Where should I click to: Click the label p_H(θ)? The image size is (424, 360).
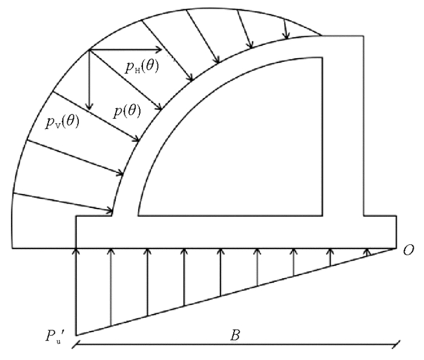(142, 67)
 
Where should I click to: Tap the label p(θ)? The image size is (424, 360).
(128, 111)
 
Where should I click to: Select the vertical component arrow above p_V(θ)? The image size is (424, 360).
(90, 79)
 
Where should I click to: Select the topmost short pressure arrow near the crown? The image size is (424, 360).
(285, 25)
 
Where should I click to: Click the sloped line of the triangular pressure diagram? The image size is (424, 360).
(236, 291)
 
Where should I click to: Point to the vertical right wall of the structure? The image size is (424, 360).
(363, 121)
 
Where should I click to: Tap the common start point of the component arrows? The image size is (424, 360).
(90, 50)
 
